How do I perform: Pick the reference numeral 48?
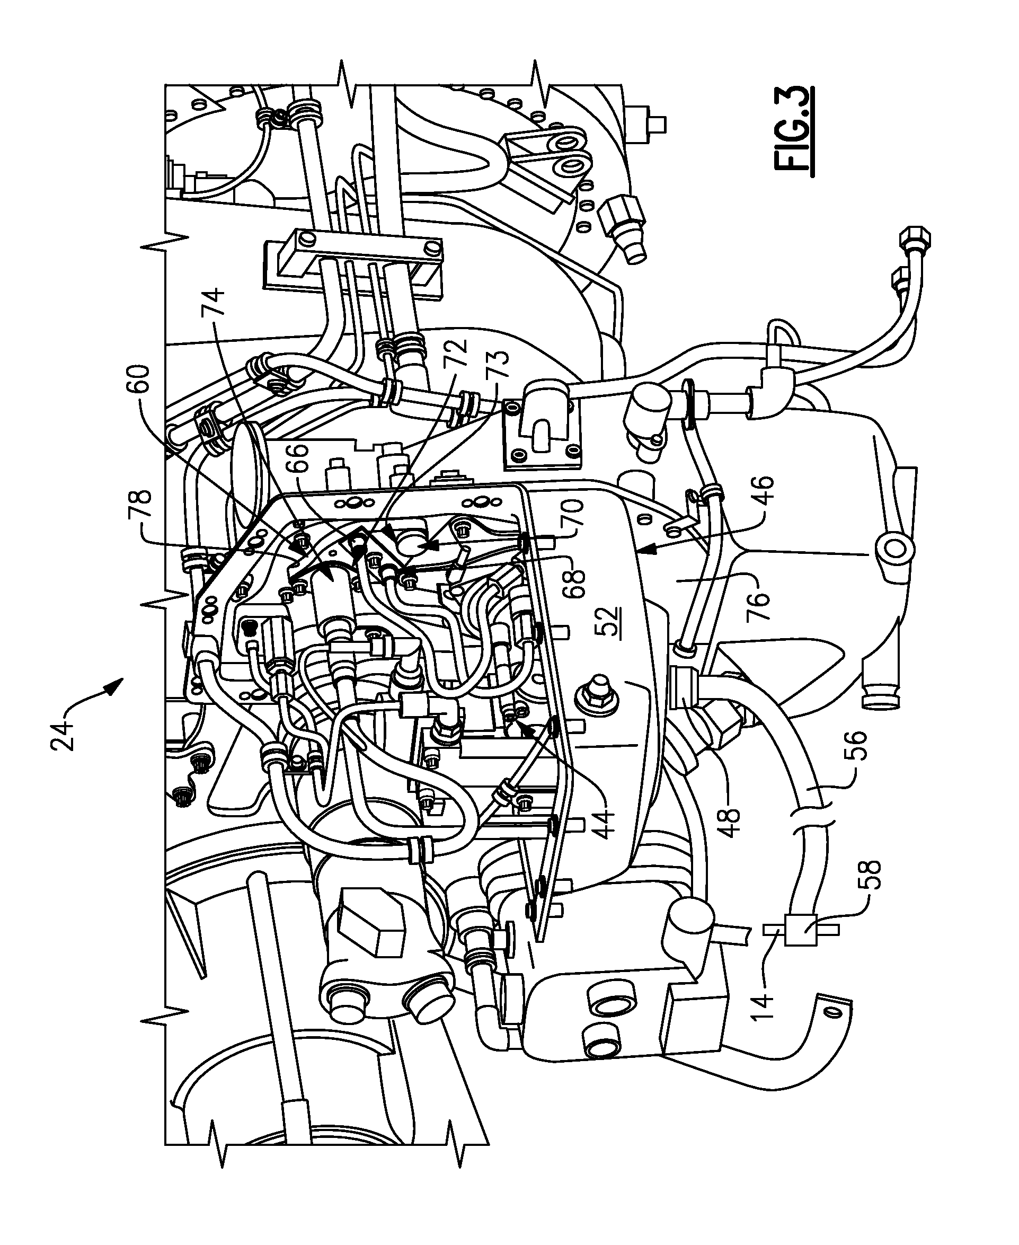click(x=733, y=817)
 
